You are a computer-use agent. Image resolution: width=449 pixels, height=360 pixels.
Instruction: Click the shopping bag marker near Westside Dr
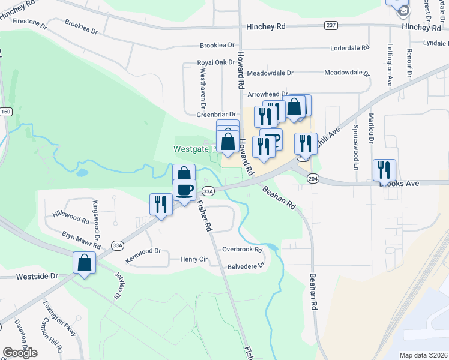click(85, 263)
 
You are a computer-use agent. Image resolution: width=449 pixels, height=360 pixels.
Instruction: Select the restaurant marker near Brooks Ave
click(384, 170)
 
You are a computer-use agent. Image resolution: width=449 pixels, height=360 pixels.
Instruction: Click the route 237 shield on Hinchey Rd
click(331, 25)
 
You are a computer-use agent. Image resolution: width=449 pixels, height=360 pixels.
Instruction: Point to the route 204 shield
click(312, 179)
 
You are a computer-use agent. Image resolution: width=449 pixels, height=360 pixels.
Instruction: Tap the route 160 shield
click(6, 112)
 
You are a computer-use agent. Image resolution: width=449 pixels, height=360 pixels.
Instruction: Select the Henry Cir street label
click(194, 259)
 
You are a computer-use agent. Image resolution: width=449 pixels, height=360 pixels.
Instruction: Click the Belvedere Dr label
click(246, 265)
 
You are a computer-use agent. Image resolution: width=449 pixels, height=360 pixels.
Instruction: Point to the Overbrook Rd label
click(243, 249)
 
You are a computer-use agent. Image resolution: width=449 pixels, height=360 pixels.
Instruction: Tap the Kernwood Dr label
click(143, 251)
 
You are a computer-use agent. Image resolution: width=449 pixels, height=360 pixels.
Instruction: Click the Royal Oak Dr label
click(215, 62)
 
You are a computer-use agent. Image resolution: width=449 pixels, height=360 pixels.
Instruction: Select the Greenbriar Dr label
click(217, 114)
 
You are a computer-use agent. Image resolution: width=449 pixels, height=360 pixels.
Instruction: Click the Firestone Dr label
click(24, 22)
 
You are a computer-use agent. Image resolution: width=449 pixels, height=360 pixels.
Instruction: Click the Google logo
click(20, 352)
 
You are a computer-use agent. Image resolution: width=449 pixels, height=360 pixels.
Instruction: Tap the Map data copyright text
click(423, 355)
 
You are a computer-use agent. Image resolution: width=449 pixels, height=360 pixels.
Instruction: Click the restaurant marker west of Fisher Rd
click(160, 205)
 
